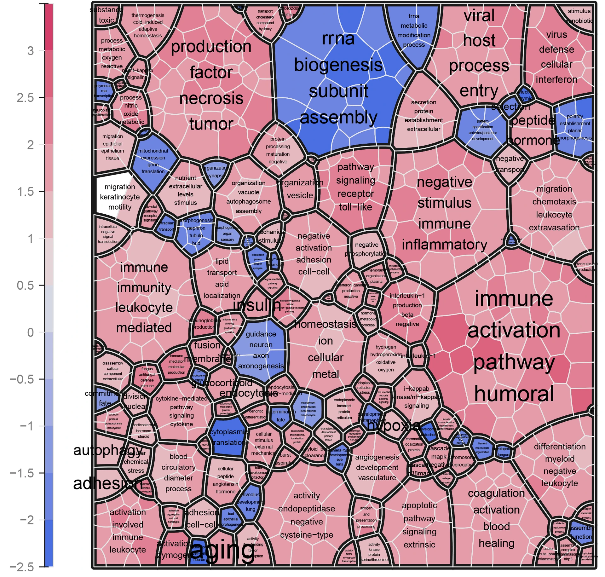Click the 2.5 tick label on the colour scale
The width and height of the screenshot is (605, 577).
(25, 98)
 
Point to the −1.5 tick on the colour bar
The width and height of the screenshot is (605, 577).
(22, 473)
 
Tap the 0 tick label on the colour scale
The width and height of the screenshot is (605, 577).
(30, 332)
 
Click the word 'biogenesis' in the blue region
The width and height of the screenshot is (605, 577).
(338, 65)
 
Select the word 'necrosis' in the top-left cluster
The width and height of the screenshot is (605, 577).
(211, 98)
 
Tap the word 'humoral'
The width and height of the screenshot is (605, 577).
(514, 394)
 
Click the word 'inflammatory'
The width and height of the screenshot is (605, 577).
(444, 245)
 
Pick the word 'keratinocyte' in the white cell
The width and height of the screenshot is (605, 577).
(120, 197)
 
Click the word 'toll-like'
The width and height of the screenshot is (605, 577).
(355, 207)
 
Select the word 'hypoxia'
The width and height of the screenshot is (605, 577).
(394, 425)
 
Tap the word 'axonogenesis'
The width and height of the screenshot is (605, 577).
(261, 366)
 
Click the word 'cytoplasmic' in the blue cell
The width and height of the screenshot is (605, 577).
(229, 432)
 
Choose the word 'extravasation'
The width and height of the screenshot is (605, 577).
(554, 228)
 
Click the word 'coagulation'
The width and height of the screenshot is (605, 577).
(496, 493)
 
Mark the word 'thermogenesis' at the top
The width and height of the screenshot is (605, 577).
(148, 15)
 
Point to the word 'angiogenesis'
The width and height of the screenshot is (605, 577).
(377, 457)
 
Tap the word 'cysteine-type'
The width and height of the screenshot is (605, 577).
(306, 535)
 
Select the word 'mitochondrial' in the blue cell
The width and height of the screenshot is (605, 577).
(153, 151)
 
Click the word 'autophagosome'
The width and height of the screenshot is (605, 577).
(248, 201)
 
